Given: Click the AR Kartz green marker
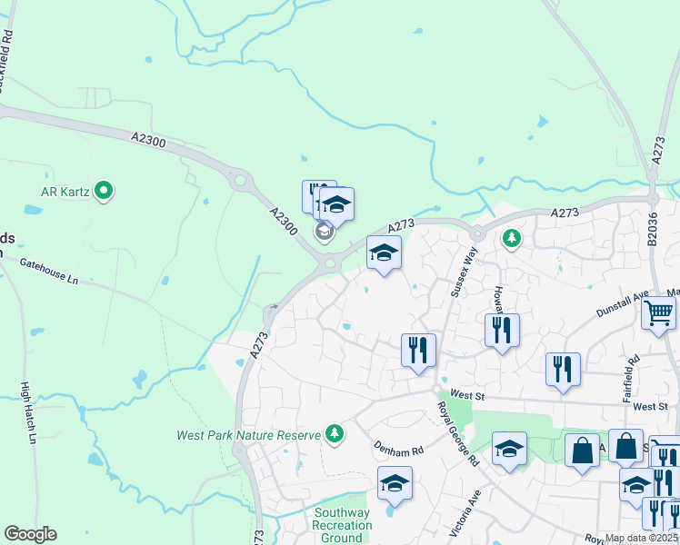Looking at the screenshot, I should (x=104, y=191).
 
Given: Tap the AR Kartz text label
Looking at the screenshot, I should (x=66, y=192).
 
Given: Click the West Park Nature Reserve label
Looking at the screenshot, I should (x=248, y=435).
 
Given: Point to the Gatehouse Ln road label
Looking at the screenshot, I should (x=49, y=272).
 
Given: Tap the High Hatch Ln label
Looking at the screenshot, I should (x=27, y=412).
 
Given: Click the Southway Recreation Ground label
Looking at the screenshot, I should (x=342, y=526).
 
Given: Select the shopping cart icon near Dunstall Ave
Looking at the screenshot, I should (x=659, y=314).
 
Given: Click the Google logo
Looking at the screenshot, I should (x=30, y=534).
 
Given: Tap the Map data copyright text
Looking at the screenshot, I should (x=641, y=538).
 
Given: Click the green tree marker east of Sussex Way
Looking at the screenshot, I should (x=512, y=238).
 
